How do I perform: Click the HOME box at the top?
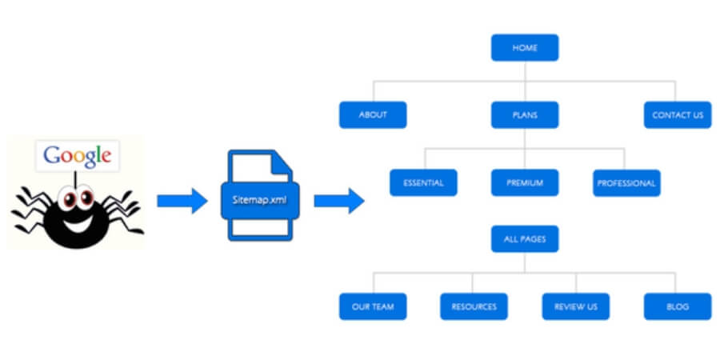[525, 48]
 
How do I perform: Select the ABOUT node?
[373, 115]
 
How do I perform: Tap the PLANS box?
[525, 115]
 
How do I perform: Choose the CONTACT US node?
[678, 115]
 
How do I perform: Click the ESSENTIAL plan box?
[423, 183]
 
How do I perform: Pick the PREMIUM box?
[525, 183]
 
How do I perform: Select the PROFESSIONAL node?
[626, 183]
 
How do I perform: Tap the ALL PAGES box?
[525, 239]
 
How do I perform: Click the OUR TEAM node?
[373, 306]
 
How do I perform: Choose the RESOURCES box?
[474, 306]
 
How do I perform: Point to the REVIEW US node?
[575, 306]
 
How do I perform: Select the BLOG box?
[678, 306]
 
